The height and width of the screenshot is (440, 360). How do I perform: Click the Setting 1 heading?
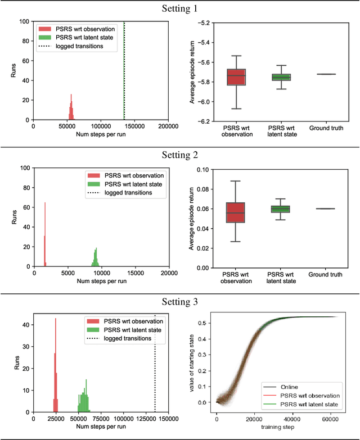coord(179,8)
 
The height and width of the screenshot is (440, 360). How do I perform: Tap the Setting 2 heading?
coord(179,155)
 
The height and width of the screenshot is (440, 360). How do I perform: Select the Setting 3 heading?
coord(179,302)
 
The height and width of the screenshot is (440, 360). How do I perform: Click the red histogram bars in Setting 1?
coord(71,110)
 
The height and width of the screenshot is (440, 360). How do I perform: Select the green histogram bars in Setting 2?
coord(96,258)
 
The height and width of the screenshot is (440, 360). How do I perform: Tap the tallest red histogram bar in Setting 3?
coord(55,365)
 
